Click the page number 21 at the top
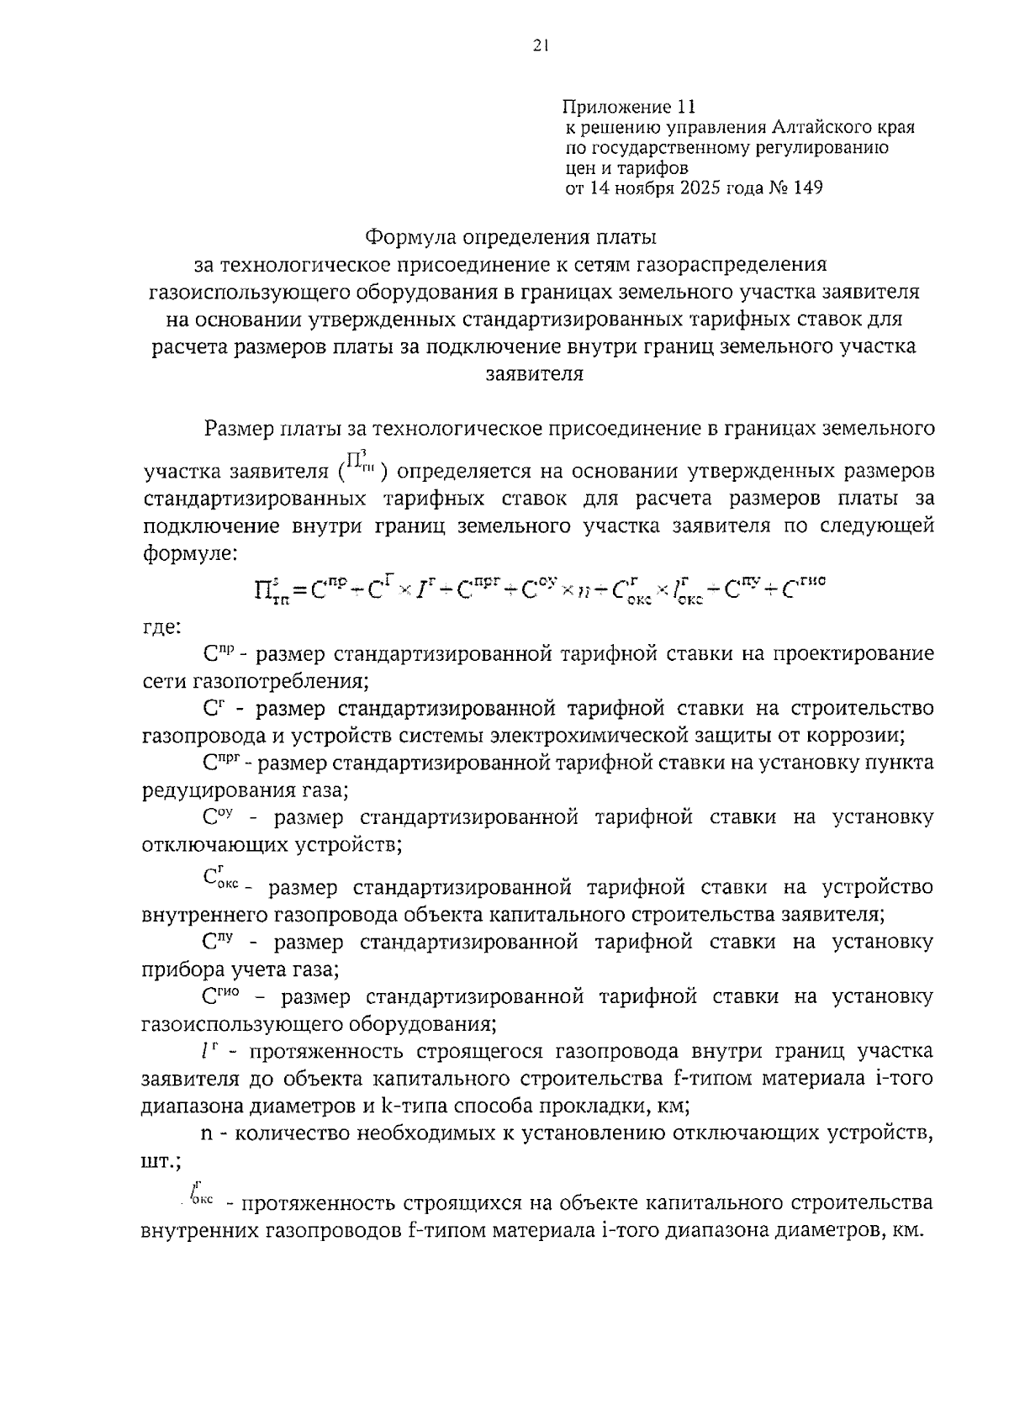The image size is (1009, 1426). coord(540,47)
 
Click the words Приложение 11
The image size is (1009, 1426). coord(630,108)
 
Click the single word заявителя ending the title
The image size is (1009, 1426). coord(535,373)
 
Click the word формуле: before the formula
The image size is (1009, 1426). coord(191,554)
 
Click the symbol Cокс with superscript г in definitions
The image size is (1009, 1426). coord(220,879)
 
